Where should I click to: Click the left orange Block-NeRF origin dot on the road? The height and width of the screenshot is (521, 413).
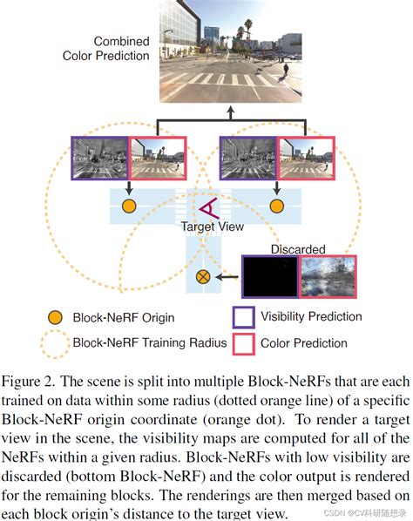[128, 206]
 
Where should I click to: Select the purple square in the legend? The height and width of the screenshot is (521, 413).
[244, 316]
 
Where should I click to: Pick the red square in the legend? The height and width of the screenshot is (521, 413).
[244, 342]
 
